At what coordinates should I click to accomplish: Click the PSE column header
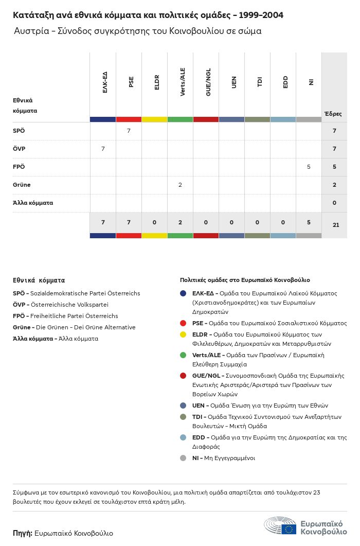tap(131, 82)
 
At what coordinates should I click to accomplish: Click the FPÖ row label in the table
tap(19, 167)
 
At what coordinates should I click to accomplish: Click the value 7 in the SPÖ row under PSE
tap(129, 131)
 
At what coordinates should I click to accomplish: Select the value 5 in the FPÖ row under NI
tap(309, 167)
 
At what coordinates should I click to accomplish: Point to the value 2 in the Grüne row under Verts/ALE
tap(180, 185)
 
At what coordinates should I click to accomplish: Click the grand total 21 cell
tap(334, 225)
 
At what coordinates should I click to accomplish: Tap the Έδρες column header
tap(333, 114)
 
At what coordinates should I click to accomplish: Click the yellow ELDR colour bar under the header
tap(154, 119)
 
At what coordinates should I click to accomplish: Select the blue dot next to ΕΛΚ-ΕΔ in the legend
tap(183, 293)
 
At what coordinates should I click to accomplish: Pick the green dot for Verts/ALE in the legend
tap(183, 355)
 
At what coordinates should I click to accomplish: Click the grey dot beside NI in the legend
tap(183, 458)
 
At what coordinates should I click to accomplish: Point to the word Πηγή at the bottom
tap(22, 533)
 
